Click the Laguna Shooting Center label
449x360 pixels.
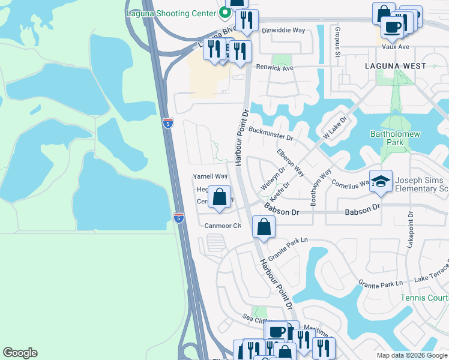point(171,11)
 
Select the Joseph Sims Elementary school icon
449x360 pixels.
point(380,182)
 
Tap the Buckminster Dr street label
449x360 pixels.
point(270,133)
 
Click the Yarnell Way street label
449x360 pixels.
point(209,176)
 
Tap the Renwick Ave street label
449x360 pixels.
point(275,68)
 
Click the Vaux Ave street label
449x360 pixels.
point(396,46)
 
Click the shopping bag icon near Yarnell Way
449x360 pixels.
point(220,197)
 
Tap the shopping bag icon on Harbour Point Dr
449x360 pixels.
point(264,227)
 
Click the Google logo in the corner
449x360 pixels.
point(20,353)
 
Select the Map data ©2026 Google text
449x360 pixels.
point(412,355)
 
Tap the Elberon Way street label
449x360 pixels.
point(290,162)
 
